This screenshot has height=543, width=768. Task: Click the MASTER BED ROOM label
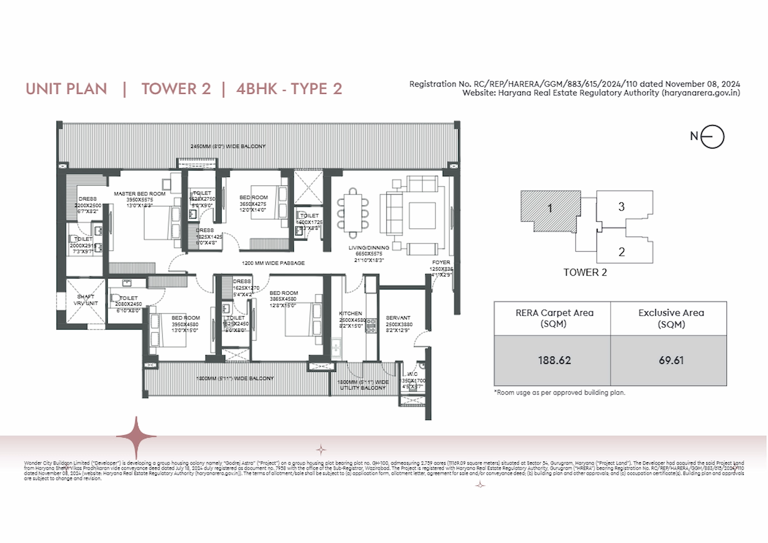[x=139, y=194]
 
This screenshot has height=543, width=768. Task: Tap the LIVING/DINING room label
[x=369, y=248]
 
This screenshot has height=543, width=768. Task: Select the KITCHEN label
[x=350, y=313]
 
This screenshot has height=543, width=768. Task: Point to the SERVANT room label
[x=398, y=318]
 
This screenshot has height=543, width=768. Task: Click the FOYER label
[x=441, y=262]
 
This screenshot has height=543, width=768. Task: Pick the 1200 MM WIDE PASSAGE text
[x=273, y=263]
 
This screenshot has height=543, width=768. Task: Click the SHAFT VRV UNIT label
[x=86, y=300]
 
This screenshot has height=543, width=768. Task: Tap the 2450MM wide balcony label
[x=228, y=146]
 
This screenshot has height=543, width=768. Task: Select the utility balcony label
[x=363, y=385]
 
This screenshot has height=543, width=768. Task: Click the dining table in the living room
[x=353, y=213]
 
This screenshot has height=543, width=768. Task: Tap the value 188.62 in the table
[x=554, y=361]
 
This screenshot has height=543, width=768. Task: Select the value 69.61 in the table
[x=671, y=361]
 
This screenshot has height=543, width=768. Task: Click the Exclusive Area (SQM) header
[x=671, y=318]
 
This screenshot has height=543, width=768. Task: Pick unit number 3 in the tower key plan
[x=621, y=207]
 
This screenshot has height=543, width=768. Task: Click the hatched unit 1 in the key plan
[x=550, y=209]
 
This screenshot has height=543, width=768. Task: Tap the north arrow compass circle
[x=712, y=137]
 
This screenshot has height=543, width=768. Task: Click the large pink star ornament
[x=136, y=436]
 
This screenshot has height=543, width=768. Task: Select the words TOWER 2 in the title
[x=176, y=89]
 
